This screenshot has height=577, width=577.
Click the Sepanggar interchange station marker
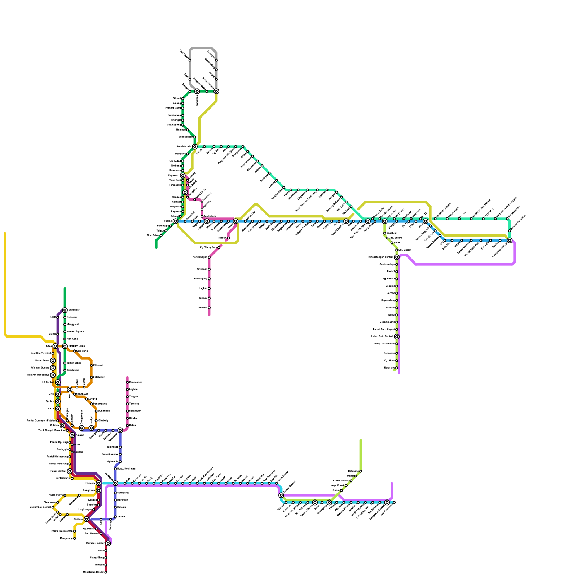[x=65, y=310]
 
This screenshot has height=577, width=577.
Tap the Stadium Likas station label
[x=76, y=346]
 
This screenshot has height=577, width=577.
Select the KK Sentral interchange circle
[x=58, y=382]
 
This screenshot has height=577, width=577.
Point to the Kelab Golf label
[x=99, y=378]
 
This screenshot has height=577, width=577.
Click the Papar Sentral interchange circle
[x=70, y=471]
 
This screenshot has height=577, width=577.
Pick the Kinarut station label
[x=80, y=435]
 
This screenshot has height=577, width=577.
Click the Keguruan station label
[x=173, y=176]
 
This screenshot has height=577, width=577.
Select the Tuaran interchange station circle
[x=175, y=221]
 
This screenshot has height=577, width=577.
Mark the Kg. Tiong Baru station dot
[x=219, y=248]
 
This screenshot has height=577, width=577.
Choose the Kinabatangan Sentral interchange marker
[x=397, y=257]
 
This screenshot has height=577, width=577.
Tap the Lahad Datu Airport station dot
[x=397, y=329]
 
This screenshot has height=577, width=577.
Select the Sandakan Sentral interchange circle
[x=510, y=241]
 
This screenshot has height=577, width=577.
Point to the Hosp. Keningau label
[x=126, y=469]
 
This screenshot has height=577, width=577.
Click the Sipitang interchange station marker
[x=87, y=519]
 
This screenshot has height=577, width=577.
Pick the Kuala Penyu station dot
[x=65, y=495]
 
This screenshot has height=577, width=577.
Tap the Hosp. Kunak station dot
[x=346, y=486]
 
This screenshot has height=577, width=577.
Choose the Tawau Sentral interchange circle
[x=281, y=495]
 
